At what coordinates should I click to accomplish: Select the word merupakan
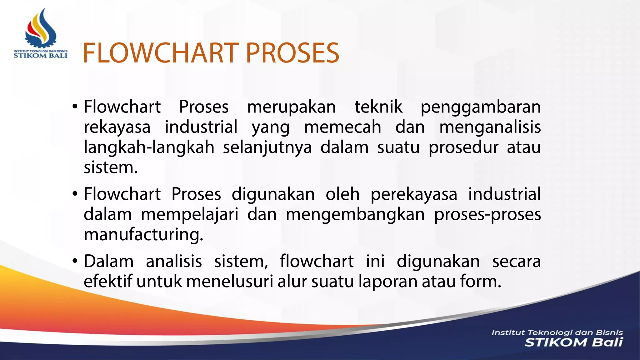[x=291, y=107]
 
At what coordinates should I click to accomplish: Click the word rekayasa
[x=117, y=127]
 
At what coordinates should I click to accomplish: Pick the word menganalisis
[x=490, y=127]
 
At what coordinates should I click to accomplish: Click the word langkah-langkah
[x=149, y=147]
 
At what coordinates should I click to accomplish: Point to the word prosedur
[x=463, y=147]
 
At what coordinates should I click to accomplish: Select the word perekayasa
[x=414, y=194]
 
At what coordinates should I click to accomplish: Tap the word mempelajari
[x=190, y=215]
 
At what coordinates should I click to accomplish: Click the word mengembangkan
[x=355, y=215]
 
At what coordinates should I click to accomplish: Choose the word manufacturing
[x=143, y=235]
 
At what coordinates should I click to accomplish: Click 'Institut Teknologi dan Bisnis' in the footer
[x=557, y=332]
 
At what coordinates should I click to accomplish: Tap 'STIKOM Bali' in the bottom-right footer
[x=573, y=342]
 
